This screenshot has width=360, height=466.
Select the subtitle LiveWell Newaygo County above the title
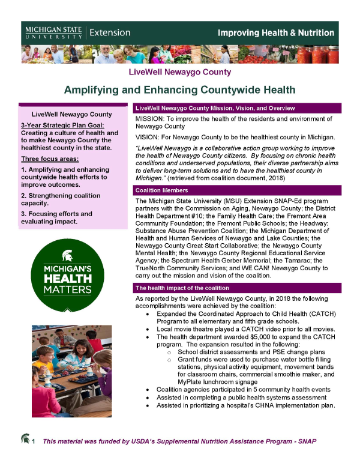pyautogui.click(x=180, y=73)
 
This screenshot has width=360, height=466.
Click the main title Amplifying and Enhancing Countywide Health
pyautogui.click(x=180, y=90)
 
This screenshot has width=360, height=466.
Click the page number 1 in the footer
pyautogui.click(x=34, y=443)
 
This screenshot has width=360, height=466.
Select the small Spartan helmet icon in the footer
pyautogui.click(x=25, y=441)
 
